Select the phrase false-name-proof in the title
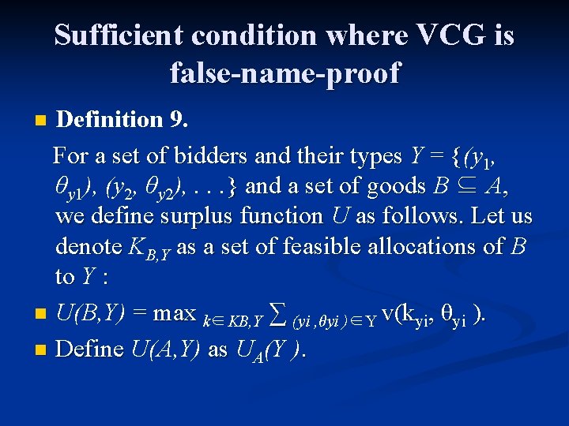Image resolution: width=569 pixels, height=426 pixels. coord(284,73)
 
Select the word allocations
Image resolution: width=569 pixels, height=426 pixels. coord(417,247)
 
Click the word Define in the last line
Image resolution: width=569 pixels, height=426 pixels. coord(90,348)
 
